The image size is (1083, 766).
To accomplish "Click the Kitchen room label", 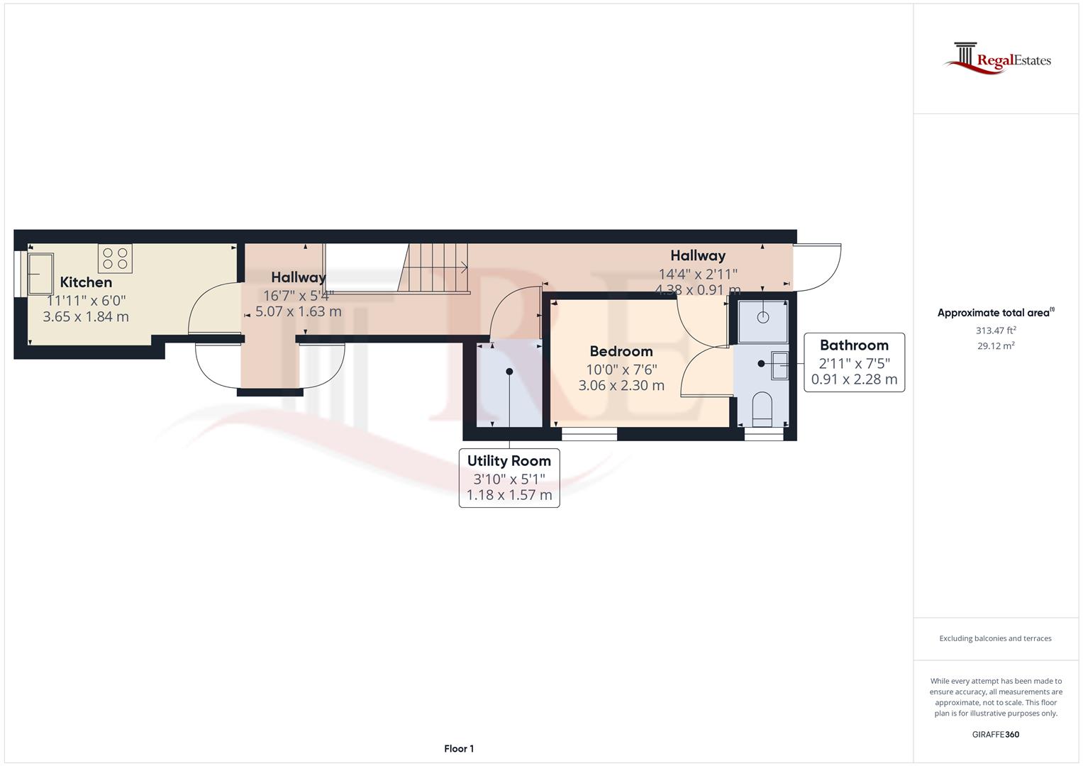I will pyautogui.click(x=86, y=282).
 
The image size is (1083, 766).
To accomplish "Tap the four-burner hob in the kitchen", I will pyautogui.click(x=115, y=258).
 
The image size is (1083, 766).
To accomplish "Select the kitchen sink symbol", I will pyautogui.click(x=40, y=273).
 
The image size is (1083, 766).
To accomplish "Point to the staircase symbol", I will pyautogui.click(x=433, y=268).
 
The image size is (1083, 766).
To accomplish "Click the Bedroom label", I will pyautogui.click(x=621, y=351).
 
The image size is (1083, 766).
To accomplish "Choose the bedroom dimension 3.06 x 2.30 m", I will pyautogui.click(x=621, y=386).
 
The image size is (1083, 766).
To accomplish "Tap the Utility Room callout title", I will pyautogui.click(x=509, y=461).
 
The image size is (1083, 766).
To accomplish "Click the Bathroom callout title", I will pyautogui.click(x=854, y=345).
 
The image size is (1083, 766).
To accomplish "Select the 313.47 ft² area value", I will pyautogui.click(x=995, y=331).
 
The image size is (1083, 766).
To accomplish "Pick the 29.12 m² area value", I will pyautogui.click(x=995, y=346).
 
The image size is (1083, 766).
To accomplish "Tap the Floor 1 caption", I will pyautogui.click(x=459, y=748).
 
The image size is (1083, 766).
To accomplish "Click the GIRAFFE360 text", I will pyautogui.click(x=995, y=734).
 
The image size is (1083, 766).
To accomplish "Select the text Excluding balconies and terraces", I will pyautogui.click(x=995, y=638).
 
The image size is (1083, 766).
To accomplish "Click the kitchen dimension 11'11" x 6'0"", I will pyautogui.click(x=86, y=300).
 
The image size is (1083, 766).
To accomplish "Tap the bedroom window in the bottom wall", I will pyautogui.click(x=589, y=433).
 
